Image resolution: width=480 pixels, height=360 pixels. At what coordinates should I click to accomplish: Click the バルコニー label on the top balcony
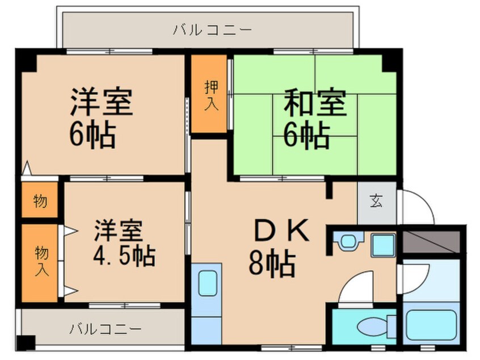click(x=212, y=30)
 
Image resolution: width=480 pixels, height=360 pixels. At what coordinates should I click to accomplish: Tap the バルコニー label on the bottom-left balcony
click(x=106, y=329)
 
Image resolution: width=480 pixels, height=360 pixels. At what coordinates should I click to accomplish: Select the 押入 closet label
click(x=210, y=95)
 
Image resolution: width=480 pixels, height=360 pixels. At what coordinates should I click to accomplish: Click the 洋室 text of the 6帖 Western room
click(x=102, y=102)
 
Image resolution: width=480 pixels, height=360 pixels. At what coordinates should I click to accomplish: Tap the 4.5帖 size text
click(x=124, y=257)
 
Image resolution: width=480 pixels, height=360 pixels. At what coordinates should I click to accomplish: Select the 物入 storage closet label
click(x=40, y=262)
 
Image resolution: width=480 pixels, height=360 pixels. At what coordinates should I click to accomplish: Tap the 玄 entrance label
click(x=376, y=201)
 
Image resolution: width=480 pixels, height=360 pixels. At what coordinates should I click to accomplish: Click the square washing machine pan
click(x=382, y=245)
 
